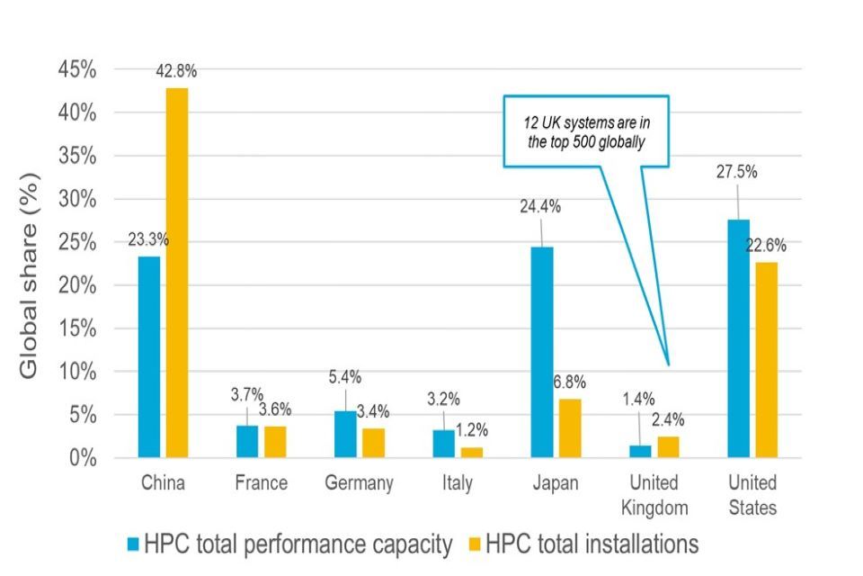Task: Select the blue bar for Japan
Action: point(542,352)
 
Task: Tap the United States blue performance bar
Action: point(738,338)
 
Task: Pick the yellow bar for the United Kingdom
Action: point(667,447)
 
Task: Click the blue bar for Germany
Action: point(345,435)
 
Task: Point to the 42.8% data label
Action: point(176,72)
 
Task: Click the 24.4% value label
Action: point(540,206)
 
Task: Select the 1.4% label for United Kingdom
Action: point(639,400)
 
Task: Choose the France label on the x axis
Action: point(261,483)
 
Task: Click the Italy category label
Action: point(457,483)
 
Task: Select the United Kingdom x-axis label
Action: point(654,495)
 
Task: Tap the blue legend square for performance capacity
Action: point(133,544)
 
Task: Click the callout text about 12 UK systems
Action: point(585,130)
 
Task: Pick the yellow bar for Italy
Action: point(471,453)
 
